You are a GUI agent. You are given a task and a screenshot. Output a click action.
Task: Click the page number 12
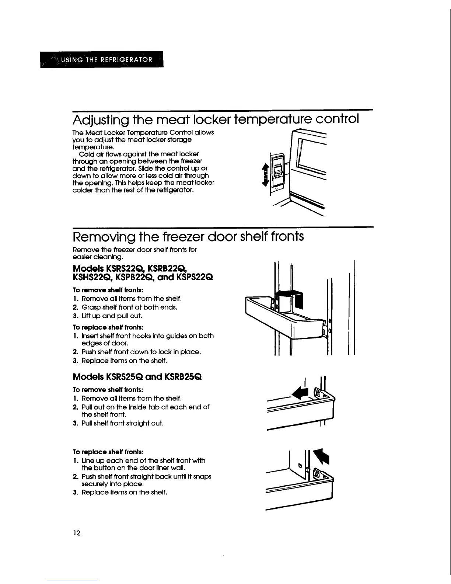click(77, 533)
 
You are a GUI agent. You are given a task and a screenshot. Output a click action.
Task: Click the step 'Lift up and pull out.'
click(107, 316)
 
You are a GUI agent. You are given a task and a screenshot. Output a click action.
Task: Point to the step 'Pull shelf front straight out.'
click(118, 423)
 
